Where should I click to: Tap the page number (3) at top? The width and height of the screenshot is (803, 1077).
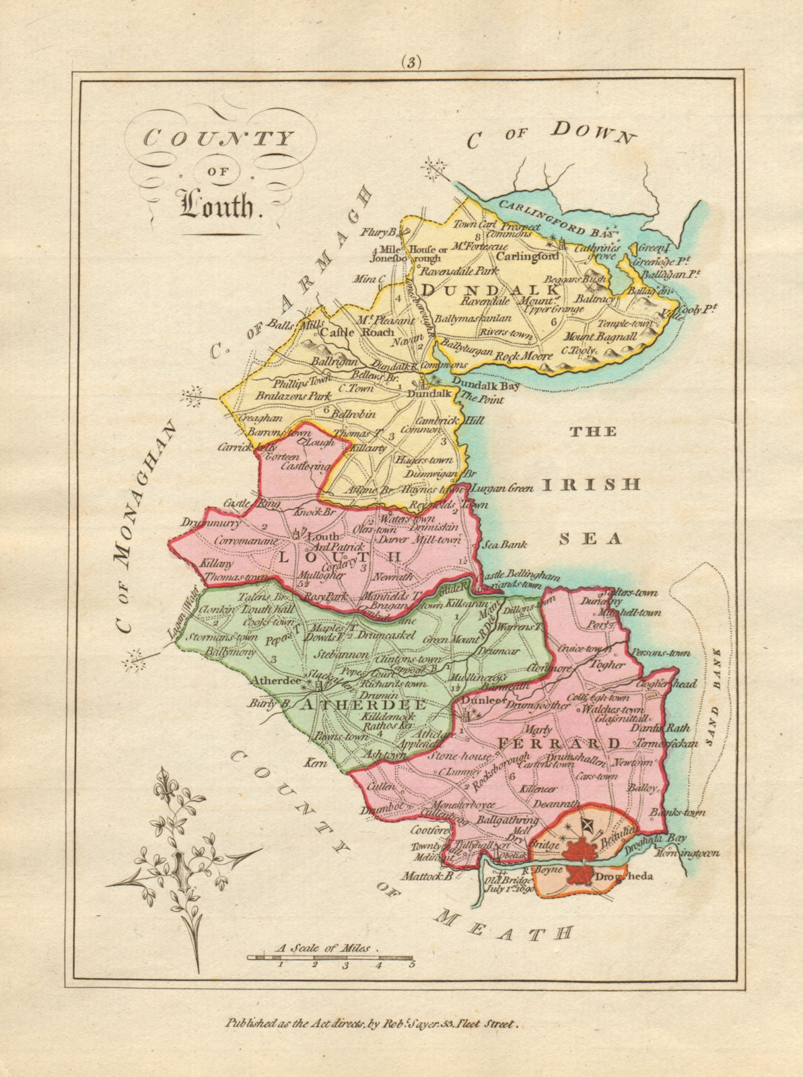(411, 62)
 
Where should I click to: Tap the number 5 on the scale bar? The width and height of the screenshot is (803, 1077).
(410, 965)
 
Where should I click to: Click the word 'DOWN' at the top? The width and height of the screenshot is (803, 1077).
(593, 132)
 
